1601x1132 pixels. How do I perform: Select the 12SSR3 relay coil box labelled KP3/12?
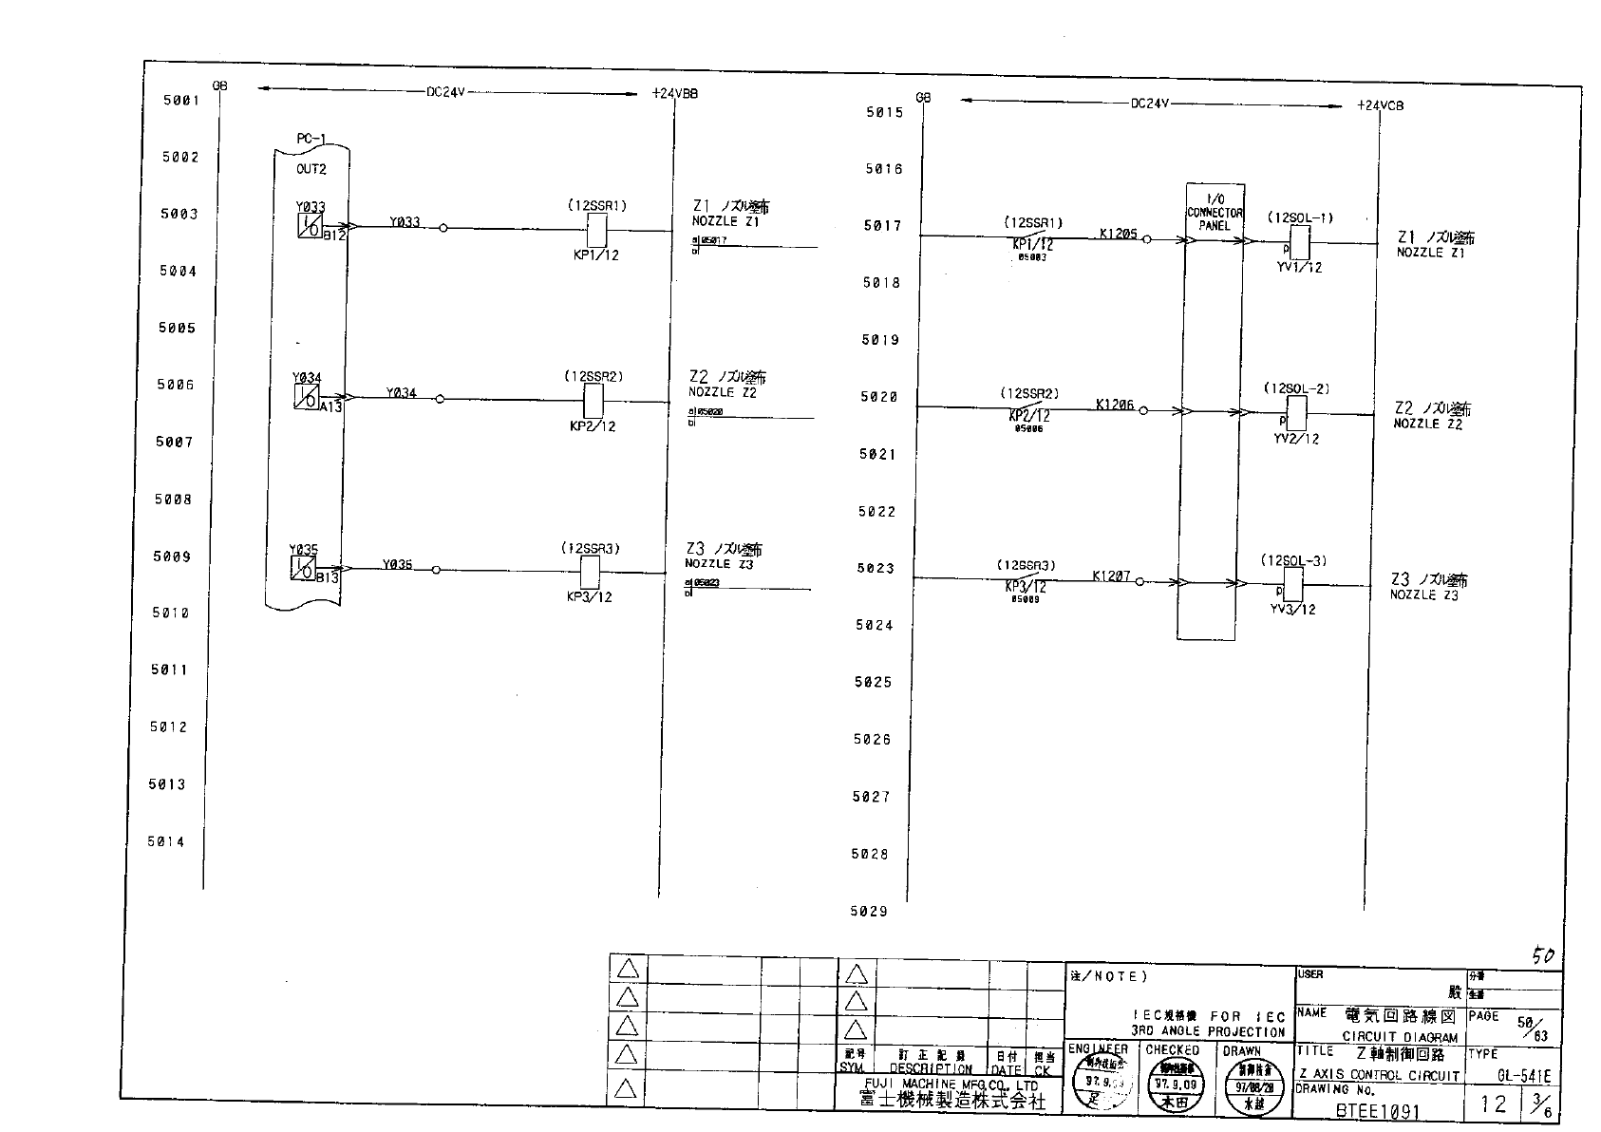tap(589, 572)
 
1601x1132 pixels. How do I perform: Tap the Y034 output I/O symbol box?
tap(306, 398)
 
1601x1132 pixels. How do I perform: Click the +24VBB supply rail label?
tap(675, 94)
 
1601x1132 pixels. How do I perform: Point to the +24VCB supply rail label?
tap(1380, 105)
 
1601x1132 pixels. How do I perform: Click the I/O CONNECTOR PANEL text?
tap(1215, 213)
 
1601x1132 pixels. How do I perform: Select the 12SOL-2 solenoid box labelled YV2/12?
tap(1294, 413)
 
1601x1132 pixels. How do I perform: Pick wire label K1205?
tap(1118, 234)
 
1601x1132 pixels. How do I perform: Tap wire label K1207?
tap(1111, 575)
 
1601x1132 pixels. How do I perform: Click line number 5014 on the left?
tap(166, 841)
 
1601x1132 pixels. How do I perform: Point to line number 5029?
tap(869, 912)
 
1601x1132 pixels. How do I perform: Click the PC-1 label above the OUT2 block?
tap(311, 139)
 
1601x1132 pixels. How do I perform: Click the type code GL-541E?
tap(1523, 1076)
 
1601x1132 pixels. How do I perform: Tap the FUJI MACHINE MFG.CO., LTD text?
tap(951, 1085)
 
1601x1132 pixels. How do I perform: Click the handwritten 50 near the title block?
tap(1543, 956)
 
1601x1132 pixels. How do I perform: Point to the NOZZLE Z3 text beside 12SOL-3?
tap(1424, 595)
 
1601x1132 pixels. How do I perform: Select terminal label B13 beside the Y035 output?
tap(328, 577)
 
